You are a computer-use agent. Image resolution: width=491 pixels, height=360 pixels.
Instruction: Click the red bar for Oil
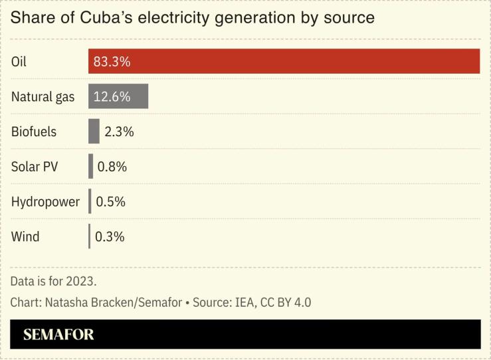[x=284, y=62]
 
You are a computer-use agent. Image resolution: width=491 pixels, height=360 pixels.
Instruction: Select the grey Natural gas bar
[x=118, y=97]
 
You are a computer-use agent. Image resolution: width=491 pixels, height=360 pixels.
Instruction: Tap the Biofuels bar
[x=94, y=132]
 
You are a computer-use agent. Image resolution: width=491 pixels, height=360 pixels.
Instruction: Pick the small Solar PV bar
[x=91, y=167]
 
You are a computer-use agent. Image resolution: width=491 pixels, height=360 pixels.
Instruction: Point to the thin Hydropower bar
[x=90, y=201]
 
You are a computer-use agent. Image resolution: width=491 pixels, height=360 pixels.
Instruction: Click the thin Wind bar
[x=89, y=236]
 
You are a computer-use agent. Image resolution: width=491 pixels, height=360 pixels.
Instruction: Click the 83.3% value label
[x=112, y=62]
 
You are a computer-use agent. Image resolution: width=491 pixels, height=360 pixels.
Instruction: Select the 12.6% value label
[x=112, y=97]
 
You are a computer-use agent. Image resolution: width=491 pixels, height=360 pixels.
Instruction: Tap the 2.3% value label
[x=119, y=132]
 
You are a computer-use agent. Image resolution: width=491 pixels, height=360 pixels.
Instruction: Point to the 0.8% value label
[x=112, y=167]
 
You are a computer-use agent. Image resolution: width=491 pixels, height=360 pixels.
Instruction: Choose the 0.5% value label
[x=110, y=201]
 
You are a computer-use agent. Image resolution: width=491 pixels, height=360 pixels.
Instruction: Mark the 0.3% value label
[x=110, y=236]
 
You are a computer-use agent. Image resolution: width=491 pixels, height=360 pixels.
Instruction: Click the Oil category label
[x=19, y=62]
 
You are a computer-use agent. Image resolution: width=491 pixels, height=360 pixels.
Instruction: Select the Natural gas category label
[x=43, y=97]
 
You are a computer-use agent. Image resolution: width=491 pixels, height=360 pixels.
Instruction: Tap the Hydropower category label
[x=45, y=201]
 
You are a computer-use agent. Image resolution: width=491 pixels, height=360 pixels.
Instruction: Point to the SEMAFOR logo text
[x=58, y=335]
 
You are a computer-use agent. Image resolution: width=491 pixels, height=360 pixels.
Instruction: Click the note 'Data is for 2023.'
[x=54, y=280]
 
